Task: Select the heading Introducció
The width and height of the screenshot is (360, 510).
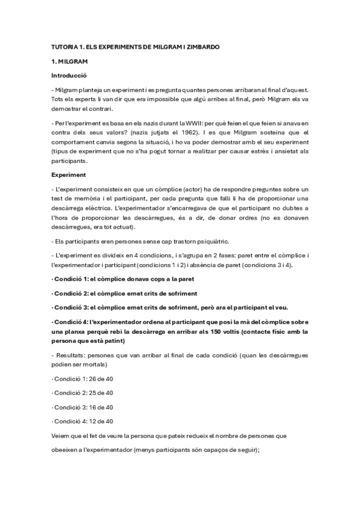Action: pyautogui.click(x=69, y=76)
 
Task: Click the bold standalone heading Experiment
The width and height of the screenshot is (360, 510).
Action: pyautogui.click(x=68, y=176)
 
